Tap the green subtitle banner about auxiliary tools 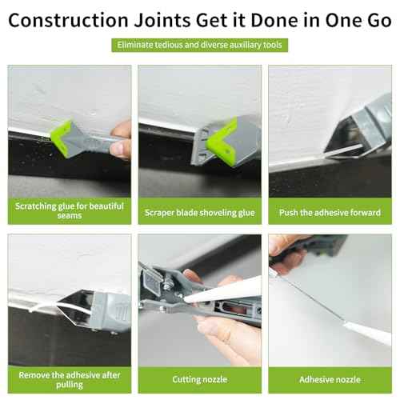pos(200,45)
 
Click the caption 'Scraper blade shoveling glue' pos(200,213)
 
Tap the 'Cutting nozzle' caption pos(200,378)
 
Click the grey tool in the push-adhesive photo pos(364,120)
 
